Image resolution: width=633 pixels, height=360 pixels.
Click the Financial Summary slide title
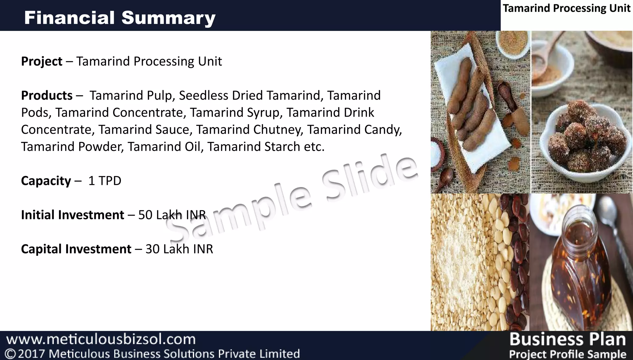(x=120, y=18)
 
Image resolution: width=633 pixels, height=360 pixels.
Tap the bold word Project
(x=42, y=61)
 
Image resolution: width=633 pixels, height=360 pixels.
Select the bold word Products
(x=47, y=96)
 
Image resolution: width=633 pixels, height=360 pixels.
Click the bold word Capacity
(x=46, y=181)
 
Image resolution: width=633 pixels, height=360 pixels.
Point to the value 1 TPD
(x=105, y=181)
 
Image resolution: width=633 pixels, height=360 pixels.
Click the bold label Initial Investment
(x=72, y=215)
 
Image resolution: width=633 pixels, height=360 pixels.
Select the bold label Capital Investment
(x=76, y=249)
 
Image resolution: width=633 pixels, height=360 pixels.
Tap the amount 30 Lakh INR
(x=179, y=249)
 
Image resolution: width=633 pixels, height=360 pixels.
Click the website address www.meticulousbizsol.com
(x=101, y=339)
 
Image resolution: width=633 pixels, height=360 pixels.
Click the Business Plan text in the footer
(x=567, y=339)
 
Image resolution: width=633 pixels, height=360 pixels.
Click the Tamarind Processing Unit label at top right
(x=566, y=8)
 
